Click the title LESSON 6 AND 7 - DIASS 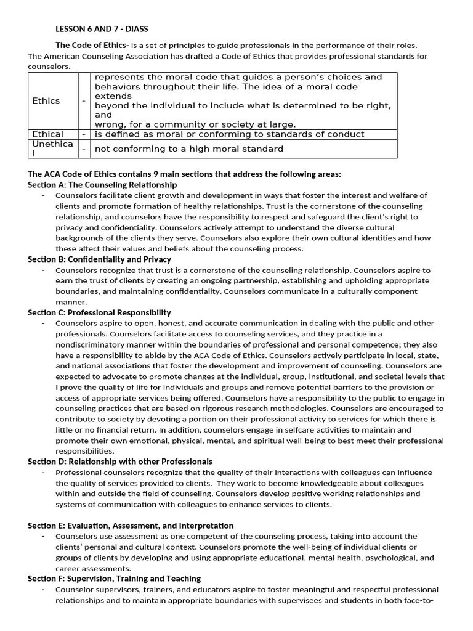(x=102, y=28)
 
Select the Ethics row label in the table (x=46, y=100)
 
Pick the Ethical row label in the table (x=47, y=134)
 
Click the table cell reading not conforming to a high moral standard (x=189, y=149)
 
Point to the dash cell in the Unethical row (x=84, y=149)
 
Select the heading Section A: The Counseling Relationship (x=102, y=184)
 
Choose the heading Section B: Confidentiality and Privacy (x=99, y=259)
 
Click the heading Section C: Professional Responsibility (x=99, y=312)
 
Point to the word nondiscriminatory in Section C (x=92, y=344)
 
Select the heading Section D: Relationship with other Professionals (x=120, y=461)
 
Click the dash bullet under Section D (x=43, y=472)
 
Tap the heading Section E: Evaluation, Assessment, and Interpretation (x=131, y=526)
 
